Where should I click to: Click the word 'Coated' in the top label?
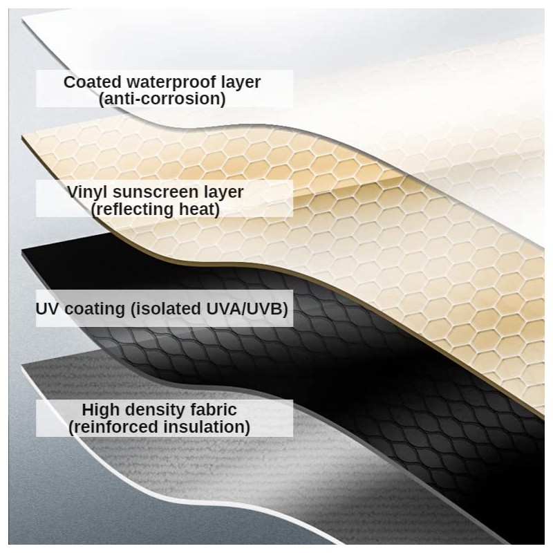coord(93,82)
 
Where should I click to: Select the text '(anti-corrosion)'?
coord(162,99)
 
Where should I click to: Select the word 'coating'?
coord(95,309)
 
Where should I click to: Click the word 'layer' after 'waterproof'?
coord(241,82)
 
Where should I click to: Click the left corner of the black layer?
coord(22,250)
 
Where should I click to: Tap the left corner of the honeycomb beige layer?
coord(21,135)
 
